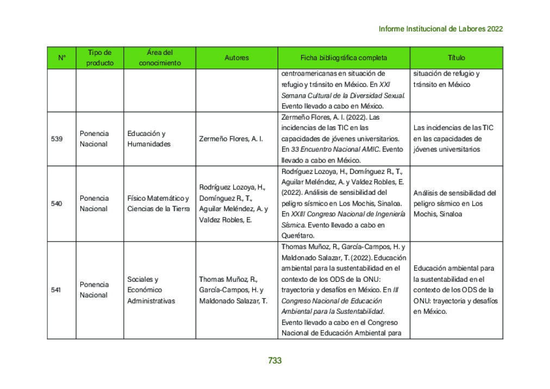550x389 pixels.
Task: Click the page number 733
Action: click(x=274, y=361)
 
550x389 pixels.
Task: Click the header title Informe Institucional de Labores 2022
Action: click(x=440, y=29)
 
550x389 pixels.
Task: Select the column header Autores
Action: click(x=236, y=58)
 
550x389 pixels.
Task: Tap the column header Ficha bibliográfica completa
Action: click(x=343, y=58)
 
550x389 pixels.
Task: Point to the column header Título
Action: click(x=456, y=58)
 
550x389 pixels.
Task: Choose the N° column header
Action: click(x=61, y=58)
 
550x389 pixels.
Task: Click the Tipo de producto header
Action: click(x=100, y=58)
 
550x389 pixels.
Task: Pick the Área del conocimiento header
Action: click(x=160, y=58)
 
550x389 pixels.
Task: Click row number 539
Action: click(x=57, y=139)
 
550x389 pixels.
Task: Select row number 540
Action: click(x=57, y=203)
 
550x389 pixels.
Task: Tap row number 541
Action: click(x=57, y=290)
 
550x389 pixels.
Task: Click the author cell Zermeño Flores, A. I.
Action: click(x=231, y=139)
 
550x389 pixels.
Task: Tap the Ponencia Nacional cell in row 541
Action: click(x=94, y=290)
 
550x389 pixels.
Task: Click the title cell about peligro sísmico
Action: click(x=454, y=203)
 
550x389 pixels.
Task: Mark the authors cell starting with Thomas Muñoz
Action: click(x=233, y=290)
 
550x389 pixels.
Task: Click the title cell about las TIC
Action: click(x=453, y=139)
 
